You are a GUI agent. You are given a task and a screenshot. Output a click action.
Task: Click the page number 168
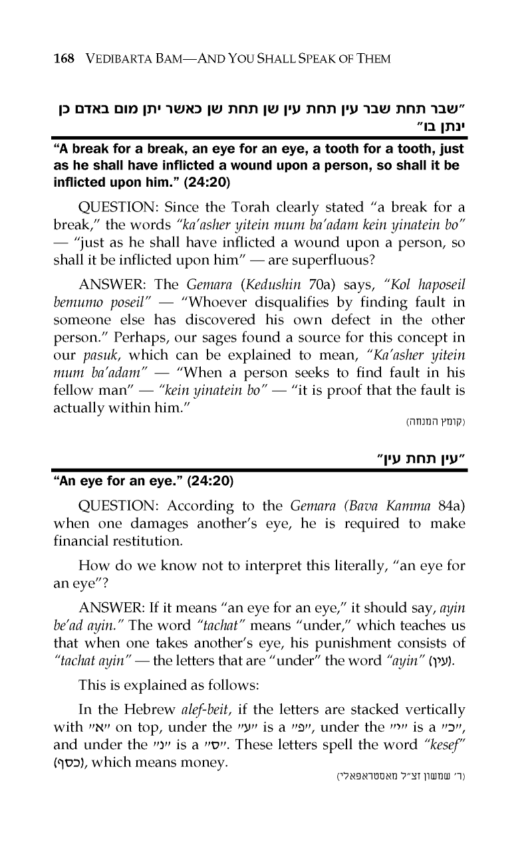point(65,59)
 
